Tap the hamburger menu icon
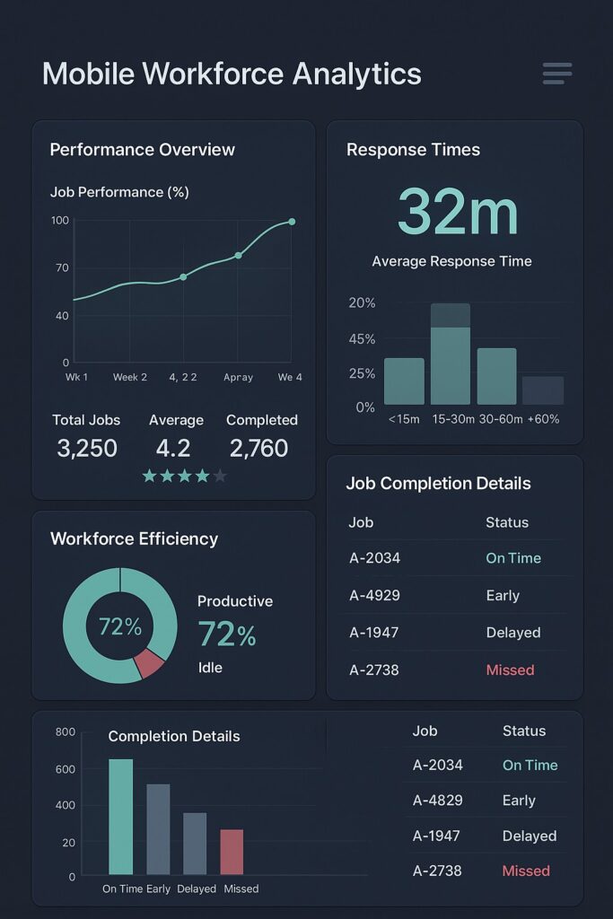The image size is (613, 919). [557, 74]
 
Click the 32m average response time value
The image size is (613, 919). [458, 212]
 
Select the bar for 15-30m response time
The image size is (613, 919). [451, 354]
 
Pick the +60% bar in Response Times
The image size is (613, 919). [543, 390]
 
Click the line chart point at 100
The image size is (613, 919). [292, 222]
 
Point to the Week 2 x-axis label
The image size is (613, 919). [130, 377]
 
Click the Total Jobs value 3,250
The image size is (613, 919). [87, 448]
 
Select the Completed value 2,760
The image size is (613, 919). [259, 448]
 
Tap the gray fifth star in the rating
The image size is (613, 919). [220, 476]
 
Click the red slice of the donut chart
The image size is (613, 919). [149, 663]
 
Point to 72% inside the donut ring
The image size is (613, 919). [120, 626]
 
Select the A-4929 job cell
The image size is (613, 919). [374, 595]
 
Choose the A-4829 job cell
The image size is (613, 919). [438, 801]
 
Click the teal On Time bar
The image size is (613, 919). [120, 816]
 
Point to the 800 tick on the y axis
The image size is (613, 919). [66, 731]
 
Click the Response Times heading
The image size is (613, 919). [413, 150]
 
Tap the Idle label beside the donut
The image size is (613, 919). [210, 668]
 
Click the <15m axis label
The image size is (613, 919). [403, 418]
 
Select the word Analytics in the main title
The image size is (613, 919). [351, 74]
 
